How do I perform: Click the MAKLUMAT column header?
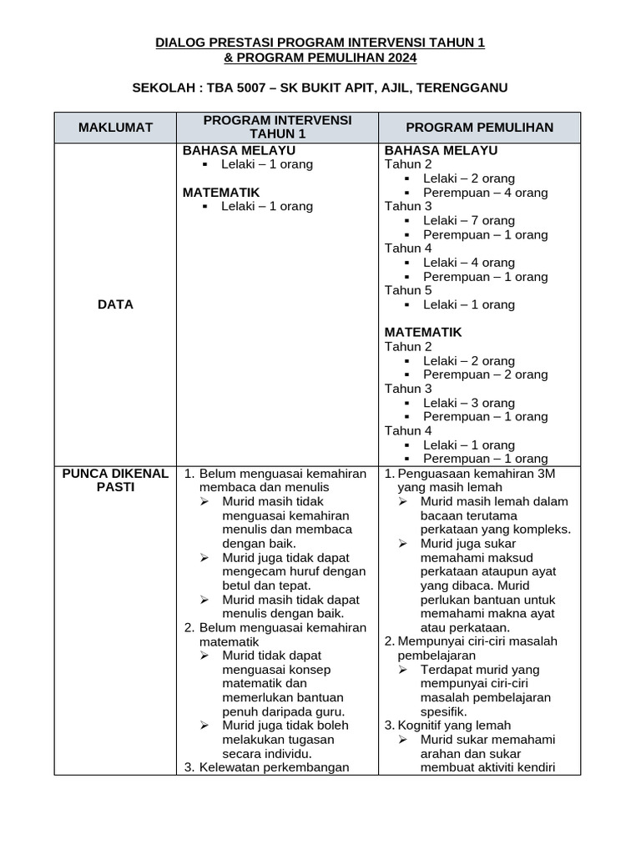click(115, 128)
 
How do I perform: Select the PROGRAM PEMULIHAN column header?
click(479, 128)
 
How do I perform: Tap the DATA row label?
click(115, 304)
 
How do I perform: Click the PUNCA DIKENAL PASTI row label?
click(115, 480)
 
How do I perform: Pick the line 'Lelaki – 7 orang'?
click(468, 220)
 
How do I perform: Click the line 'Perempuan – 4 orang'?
click(485, 193)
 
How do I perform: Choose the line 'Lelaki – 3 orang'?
click(468, 403)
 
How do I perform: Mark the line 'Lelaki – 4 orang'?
click(468, 263)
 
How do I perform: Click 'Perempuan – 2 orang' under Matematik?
click(485, 374)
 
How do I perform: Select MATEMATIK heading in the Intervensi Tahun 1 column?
click(221, 193)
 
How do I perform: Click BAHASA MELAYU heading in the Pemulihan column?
click(441, 150)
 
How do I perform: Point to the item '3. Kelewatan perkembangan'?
click(266, 767)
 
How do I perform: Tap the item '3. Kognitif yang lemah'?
click(447, 726)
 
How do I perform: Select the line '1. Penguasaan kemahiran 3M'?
click(469, 474)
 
